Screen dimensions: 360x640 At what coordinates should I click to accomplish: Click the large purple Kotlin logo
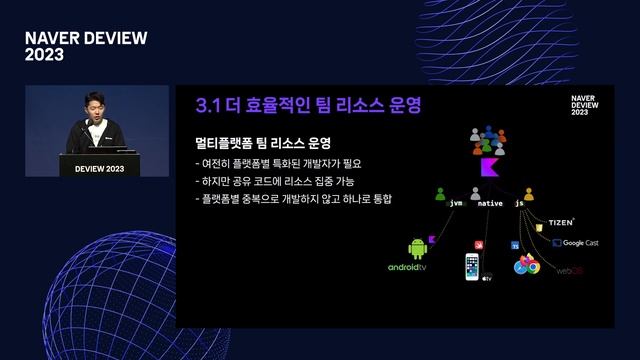coord(488,166)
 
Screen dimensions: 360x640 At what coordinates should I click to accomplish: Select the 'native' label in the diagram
coord(490,203)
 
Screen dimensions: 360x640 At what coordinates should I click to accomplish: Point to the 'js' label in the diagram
coord(520,203)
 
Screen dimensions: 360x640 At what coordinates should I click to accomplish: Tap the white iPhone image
coord(471,266)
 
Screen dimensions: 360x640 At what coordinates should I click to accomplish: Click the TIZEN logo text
coord(561,221)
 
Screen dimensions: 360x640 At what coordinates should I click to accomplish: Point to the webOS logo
coord(570,270)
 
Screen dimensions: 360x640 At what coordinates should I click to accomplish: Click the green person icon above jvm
coord(440,195)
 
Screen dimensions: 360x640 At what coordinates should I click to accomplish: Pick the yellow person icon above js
coord(528,195)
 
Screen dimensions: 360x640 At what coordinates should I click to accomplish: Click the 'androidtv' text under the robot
coord(407,268)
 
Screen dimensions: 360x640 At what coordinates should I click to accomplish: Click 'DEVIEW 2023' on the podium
coord(100,169)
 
